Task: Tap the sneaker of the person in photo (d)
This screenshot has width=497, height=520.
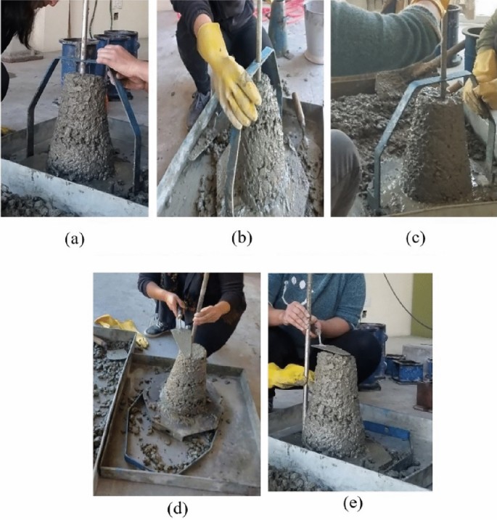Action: coord(156,330)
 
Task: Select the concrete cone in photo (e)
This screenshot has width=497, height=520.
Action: coord(333,407)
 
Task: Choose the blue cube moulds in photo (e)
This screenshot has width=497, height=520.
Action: coord(406,367)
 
